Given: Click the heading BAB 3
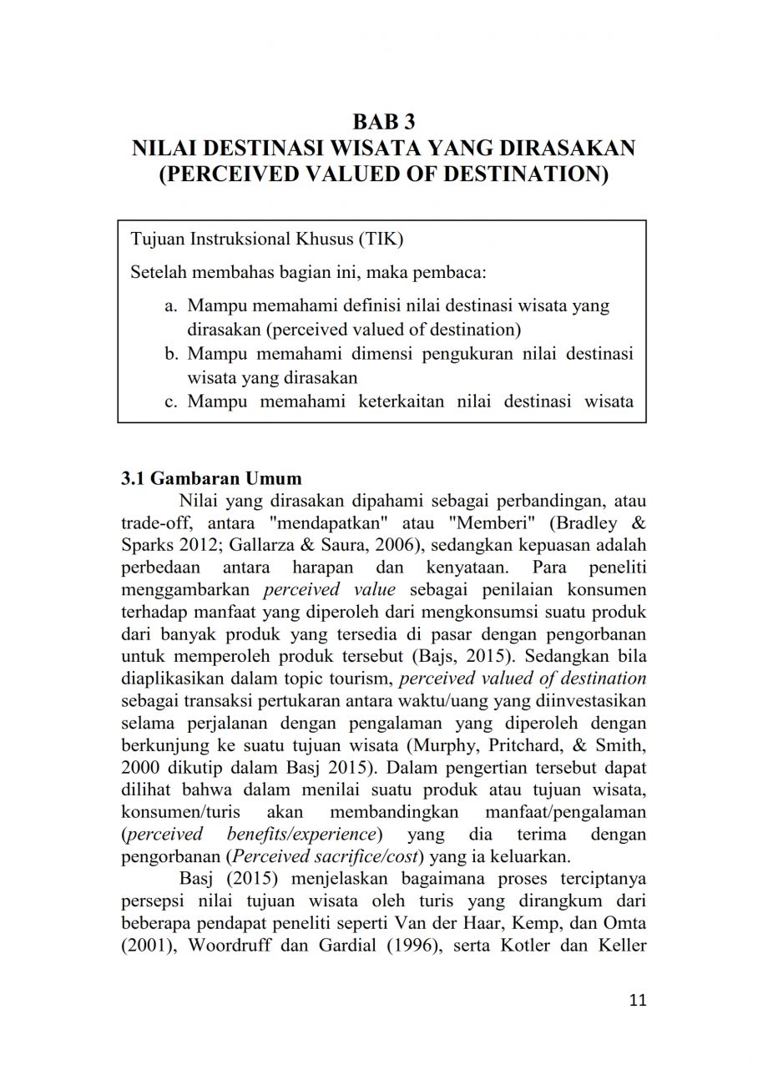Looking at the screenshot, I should pos(383,122).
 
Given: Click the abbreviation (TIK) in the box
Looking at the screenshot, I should pos(381,240).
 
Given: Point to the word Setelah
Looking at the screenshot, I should pos(159,272).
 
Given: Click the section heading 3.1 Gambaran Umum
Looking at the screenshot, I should pos(211,480).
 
